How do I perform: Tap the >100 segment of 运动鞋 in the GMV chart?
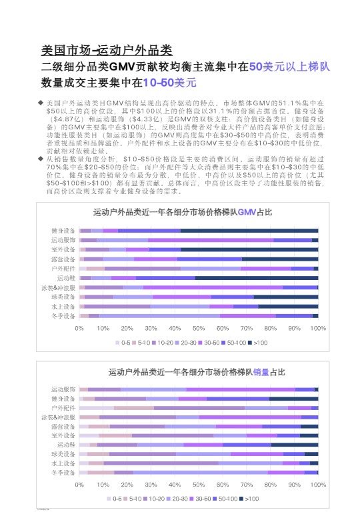coord(257,277)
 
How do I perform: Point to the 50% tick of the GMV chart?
coord(199,328)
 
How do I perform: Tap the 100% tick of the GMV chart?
coord(318,328)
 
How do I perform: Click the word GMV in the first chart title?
coord(247,212)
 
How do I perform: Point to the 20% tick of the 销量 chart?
coord(127,485)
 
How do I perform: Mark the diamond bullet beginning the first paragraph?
coord(41,103)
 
